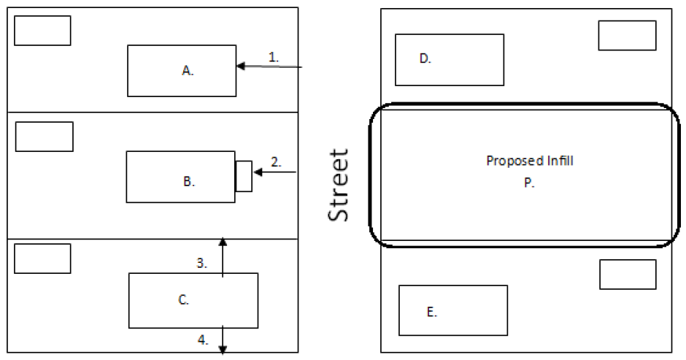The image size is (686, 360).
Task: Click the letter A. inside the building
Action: click(x=188, y=71)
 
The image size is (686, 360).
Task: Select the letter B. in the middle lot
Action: click(x=189, y=182)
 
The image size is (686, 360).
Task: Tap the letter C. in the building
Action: click(x=184, y=299)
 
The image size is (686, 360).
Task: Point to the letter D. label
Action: click(x=425, y=59)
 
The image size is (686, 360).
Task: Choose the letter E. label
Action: click(x=431, y=313)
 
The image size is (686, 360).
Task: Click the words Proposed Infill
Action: click(x=529, y=161)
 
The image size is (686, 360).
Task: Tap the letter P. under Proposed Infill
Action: click(x=529, y=184)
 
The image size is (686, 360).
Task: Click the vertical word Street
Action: click(x=337, y=185)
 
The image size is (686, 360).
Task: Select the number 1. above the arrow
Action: click(x=274, y=56)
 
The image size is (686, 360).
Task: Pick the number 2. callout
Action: click(x=276, y=162)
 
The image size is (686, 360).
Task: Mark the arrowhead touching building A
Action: click(x=240, y=66)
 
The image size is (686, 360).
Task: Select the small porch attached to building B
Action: click(x=244, y=175)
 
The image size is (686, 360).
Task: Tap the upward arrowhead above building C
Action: click(x=223, y=242)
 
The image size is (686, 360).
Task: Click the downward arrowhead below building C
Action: click(x=223, y=349)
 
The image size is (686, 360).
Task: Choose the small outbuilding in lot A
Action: click(x=42, y=31)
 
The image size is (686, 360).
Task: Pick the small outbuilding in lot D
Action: click(x=627, y=35)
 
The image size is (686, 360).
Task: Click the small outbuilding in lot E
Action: click(x=628, y=274)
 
